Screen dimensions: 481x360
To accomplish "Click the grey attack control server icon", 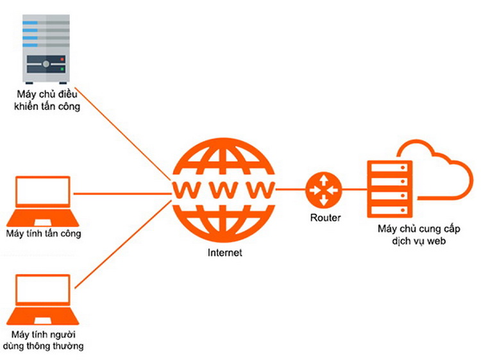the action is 46,49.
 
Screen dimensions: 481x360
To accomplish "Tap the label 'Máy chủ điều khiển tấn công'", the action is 47,100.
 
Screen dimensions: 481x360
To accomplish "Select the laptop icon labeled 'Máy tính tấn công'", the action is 42,201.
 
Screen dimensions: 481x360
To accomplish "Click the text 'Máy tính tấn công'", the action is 44,234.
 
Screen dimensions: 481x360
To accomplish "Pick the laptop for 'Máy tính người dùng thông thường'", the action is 42,300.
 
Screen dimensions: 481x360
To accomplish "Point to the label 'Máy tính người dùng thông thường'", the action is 43,340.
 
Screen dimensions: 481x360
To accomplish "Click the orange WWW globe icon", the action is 223,190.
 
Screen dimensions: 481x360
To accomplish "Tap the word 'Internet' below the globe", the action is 225,253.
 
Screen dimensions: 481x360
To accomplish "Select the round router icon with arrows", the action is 324,190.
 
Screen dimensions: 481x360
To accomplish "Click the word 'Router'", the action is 325,218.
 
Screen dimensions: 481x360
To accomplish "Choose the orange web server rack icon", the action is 389,189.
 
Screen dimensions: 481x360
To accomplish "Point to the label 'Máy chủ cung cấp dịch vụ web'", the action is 419,235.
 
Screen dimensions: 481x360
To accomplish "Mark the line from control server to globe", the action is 122,133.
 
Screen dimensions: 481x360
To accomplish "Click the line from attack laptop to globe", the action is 122,194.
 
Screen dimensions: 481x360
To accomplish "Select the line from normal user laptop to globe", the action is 122,244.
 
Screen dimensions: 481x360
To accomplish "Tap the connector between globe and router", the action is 291,190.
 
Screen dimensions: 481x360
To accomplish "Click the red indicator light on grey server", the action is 62,59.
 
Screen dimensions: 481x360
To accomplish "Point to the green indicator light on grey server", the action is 62,69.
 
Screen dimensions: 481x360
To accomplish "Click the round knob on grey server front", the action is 46,64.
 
